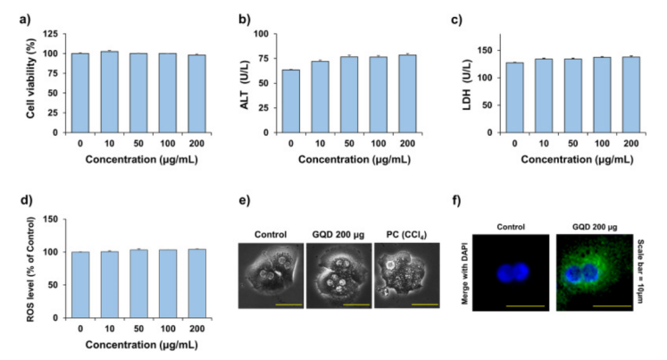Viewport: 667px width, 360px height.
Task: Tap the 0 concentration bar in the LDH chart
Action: click(x=517, y=97)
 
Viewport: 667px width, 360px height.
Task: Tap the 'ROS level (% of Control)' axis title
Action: click(x=33, y=268)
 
